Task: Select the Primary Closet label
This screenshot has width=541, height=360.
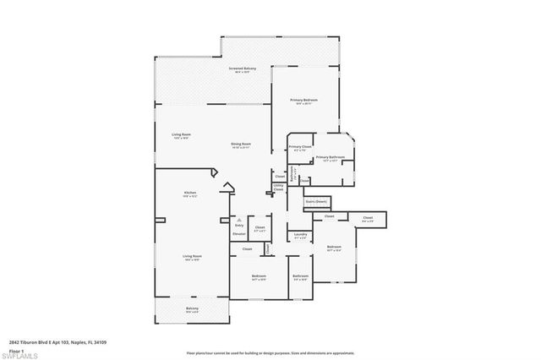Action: (x=300, y=147)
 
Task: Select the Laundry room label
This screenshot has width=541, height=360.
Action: (x=298, y=235)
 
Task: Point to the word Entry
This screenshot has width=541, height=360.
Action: (x=240, y=226)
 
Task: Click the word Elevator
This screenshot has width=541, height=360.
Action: (x=239, y=233)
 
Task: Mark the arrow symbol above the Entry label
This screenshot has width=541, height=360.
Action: (x=240, y=218)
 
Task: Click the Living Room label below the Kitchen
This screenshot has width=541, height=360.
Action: (x=191, y=255)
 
